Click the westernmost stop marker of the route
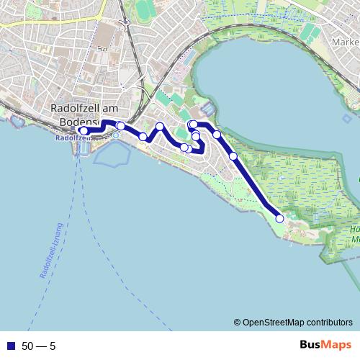coord(84,130)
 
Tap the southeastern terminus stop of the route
coord(280,218)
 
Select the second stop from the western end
coord(120,126)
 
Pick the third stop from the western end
coord(143,137)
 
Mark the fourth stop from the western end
coord(160,127)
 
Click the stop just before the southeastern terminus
coord(233,156)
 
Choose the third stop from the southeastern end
coord(217,135)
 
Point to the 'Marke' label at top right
coord(345,42)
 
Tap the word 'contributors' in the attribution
coord(330,323)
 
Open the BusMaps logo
coord(325,346)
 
